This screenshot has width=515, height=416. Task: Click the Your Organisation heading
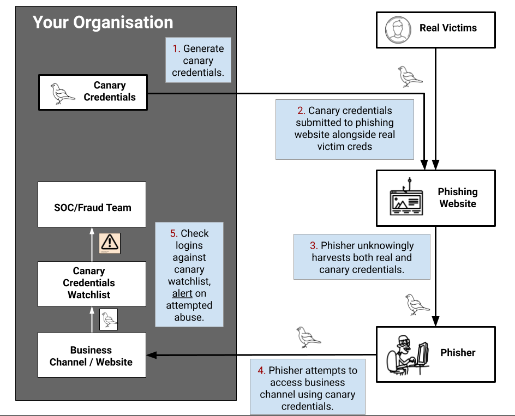pos(103,22)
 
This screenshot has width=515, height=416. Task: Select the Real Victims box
pos(435,31)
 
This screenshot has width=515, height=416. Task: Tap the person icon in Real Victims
pos(397,30)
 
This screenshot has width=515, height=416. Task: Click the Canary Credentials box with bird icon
pos(93,92)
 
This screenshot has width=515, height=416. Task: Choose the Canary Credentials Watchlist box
pos(92,283)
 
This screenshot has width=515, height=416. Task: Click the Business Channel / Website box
pos(92,355)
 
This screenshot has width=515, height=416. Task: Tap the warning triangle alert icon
pos(109,243)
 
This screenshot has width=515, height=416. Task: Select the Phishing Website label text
pos(457,198)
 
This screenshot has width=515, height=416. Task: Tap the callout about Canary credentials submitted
pos(344,129)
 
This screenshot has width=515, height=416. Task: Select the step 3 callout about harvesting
pos(362,257)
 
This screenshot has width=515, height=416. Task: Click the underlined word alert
pos(182,293)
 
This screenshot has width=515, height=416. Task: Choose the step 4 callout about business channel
pos(307,388)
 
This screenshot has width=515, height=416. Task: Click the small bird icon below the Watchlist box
pos(109,319)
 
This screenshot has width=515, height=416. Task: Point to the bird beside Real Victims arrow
pos(410,77)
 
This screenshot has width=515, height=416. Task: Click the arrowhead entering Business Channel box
pos(151,355)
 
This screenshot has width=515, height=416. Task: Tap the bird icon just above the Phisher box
pos(417,305)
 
